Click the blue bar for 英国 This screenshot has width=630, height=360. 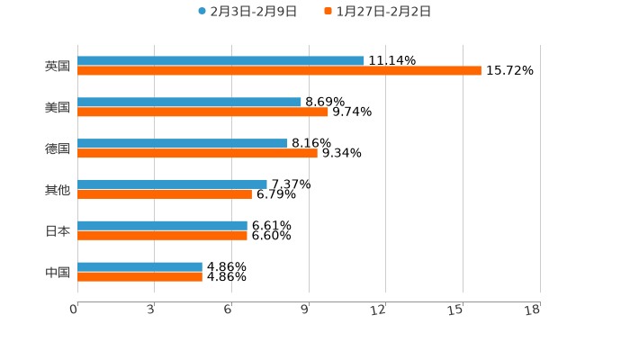click(220, 61)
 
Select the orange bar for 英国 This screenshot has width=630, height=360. click(279, 71)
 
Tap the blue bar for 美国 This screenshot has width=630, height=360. click(189, 103)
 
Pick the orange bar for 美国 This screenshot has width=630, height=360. click(202, 112)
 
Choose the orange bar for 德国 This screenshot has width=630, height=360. click(197, 154)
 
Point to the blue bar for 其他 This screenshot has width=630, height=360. click(172, 184)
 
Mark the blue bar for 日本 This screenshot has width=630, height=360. click(162, 226)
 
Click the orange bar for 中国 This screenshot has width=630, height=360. click(139, 277)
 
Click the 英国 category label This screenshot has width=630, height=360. click(58, 67)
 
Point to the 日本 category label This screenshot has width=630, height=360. click(58, 231)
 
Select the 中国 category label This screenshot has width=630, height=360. click(58, 273)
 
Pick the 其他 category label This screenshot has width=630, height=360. click(58, 190)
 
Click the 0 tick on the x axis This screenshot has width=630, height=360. click(75, 310)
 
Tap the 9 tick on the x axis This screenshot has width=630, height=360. click(306, 310)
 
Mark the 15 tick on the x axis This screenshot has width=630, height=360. click(457, 310)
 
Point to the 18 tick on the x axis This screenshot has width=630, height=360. click(533, 310)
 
